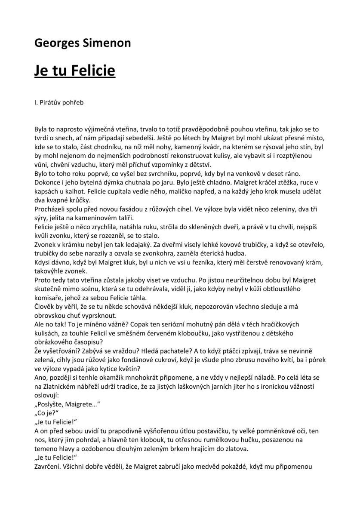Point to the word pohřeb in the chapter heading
74,103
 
